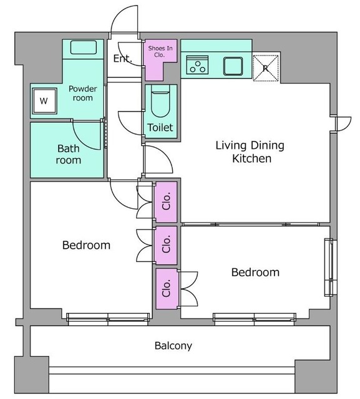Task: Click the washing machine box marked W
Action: point(44,101)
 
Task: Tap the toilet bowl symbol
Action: point(160,101)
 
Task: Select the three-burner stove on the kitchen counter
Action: point(197,65)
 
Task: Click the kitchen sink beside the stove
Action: point(233,66)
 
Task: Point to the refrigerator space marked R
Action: point(266,68)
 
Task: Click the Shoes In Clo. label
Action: point(160,51)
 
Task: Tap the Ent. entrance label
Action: point(123,59)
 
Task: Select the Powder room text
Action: point(83,94)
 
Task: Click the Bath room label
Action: point(69,154)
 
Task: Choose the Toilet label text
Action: point(160,127)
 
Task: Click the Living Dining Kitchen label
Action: point(250,152)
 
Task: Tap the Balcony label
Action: point(173,346)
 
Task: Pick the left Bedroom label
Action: point(86,245)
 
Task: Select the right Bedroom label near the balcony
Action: point(255,272)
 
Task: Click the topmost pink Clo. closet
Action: point(166,202)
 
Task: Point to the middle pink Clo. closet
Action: point(166,245)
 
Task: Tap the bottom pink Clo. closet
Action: point(167,289)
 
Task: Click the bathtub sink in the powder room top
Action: point(84,47)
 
